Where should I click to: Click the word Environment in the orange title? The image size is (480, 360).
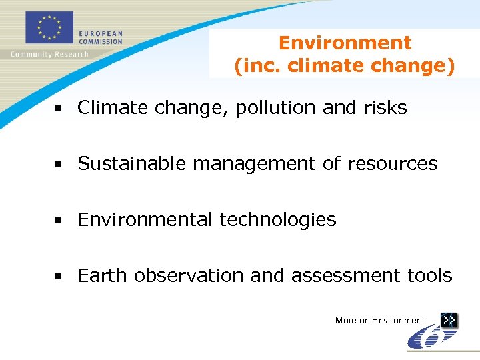(x=345, y=43)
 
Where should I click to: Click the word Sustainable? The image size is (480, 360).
(x=133, y=163)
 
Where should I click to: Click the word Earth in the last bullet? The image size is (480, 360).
(x=103, y=275)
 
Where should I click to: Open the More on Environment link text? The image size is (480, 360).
(x=380, y=321)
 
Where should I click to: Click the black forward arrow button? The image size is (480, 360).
(x=449, y=320)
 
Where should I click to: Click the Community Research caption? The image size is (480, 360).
(x=49, y=54)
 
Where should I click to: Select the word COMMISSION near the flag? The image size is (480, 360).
(x=101, y=41)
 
